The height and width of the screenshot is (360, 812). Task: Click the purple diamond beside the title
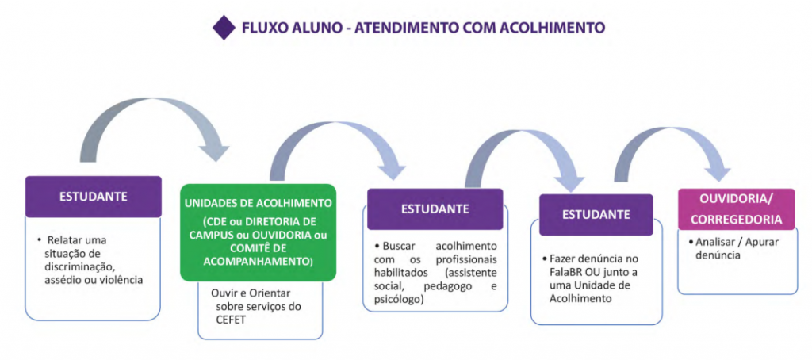pyautogui.click(x=224, y=28)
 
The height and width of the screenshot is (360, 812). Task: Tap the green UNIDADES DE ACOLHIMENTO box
pyautogui.click(x=258, y=232)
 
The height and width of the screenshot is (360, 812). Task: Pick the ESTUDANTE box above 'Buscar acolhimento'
pyautogui.click(x=435, y=209)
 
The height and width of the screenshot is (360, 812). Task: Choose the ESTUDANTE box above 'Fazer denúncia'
pyautogui.click(x=596, y=214)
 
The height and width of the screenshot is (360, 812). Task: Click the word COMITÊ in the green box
pyautogui.click(x=241, y=248)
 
